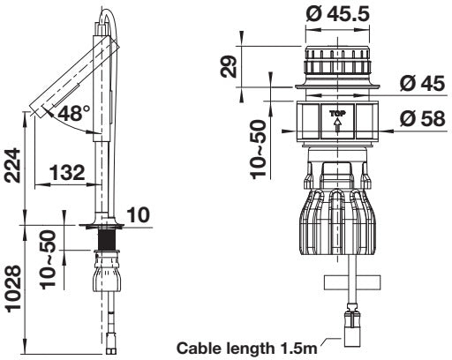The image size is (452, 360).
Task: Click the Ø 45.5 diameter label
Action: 337,14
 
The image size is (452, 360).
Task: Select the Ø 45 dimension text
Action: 422,83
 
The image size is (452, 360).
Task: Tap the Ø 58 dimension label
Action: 422,119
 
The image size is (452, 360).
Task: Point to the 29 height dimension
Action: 229,66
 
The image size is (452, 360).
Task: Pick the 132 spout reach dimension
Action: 67,172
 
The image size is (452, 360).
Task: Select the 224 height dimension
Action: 12,166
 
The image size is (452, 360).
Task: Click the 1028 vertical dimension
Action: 12,289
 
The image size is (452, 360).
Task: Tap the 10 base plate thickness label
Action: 139,214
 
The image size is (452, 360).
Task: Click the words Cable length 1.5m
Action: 247,349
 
